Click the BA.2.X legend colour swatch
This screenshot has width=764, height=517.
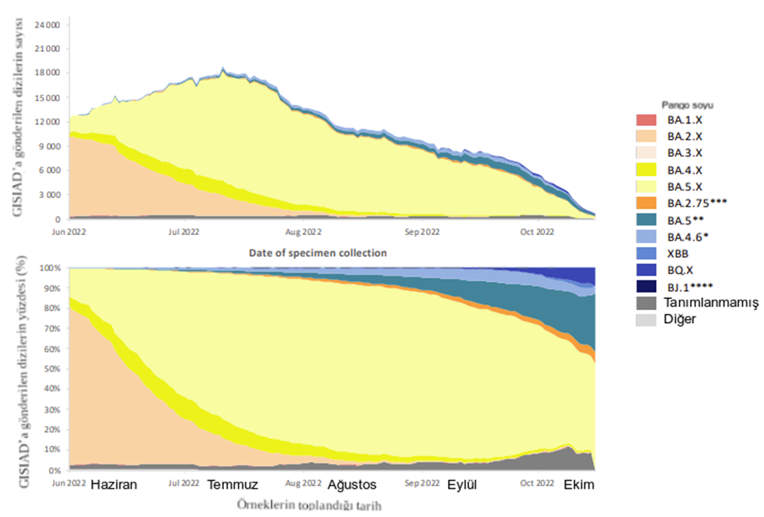pyautogui.click(x=648, y=135)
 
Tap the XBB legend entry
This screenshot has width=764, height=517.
pyautogui.click(x=678, y=253)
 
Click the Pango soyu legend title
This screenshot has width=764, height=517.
pyautogui.click(x=687, y=105)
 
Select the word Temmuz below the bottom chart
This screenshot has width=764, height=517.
pyautogui.click(x=233, y=485)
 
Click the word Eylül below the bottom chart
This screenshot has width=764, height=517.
pyautogui.click(x=463, y=485)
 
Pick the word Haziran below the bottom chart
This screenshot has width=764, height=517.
pyautogui.click(x=115, y=485)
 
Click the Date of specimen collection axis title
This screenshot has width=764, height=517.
pyautogui.click(x=317, y=253)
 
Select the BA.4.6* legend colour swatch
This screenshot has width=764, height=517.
pyautogui.click(x=648, y=236)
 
